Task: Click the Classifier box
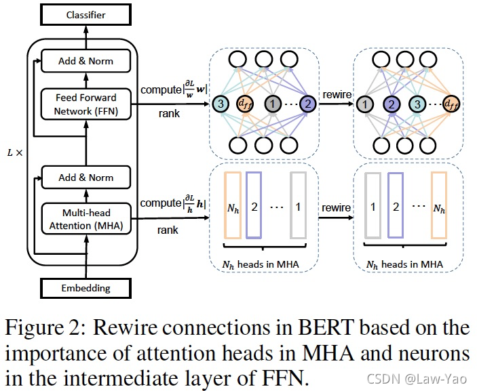(x=85, y=14)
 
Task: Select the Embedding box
(x=85, y=287)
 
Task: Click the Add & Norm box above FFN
(x=85, y=61)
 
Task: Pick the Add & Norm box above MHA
(x=85, y=178)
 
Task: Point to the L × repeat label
(x=14, y=154)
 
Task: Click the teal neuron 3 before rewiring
(x=221, y=104)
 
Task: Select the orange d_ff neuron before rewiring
(x=245, y=104)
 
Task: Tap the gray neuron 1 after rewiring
(x=365, y=104)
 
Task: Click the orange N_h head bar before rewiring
(x=233, y=206)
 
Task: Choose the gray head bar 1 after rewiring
(x=373, y=206)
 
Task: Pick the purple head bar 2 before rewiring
(x=254, y=206)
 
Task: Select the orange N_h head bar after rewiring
(x=439, y=206)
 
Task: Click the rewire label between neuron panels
(x=338, y=94)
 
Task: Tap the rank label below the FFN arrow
(x=169, y=113)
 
